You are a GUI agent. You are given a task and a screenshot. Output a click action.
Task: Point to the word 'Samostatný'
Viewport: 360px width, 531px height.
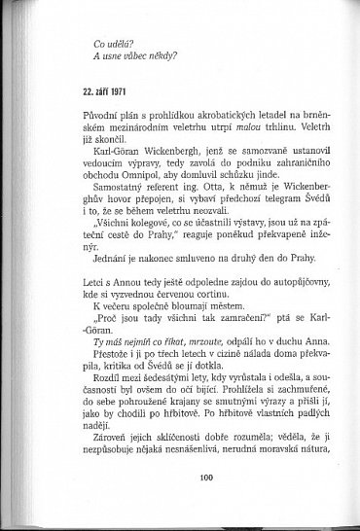pos(95,196)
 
